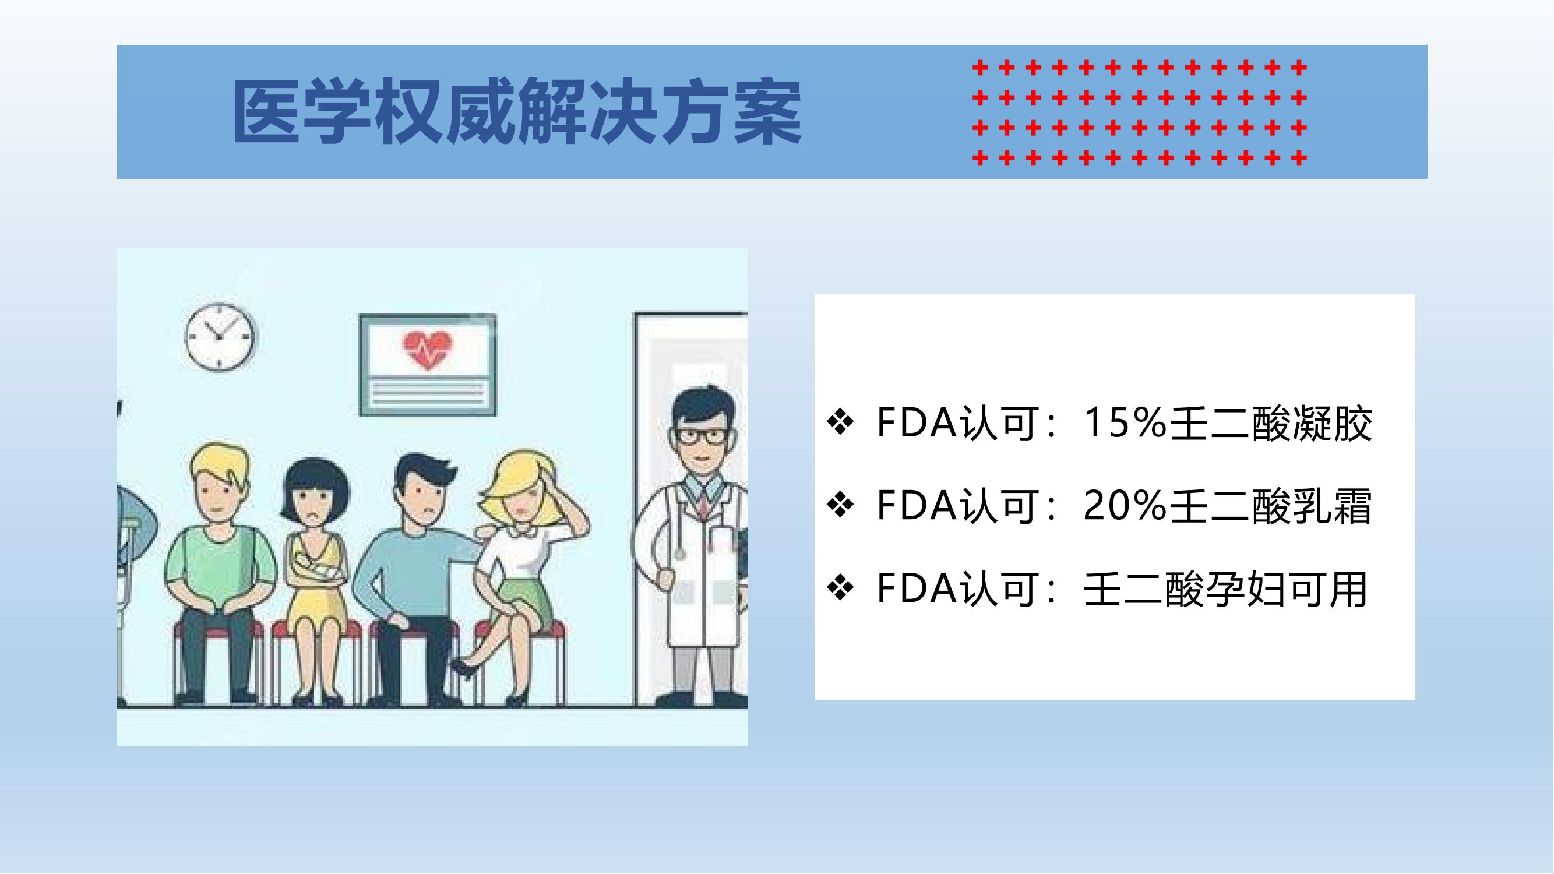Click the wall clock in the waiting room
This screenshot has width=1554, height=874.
[219, 337]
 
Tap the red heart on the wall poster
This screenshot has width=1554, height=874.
[428, 350]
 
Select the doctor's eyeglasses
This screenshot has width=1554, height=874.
[702, 436]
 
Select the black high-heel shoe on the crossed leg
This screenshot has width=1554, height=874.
[466, 668]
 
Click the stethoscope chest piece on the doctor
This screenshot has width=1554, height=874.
[680, 553]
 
